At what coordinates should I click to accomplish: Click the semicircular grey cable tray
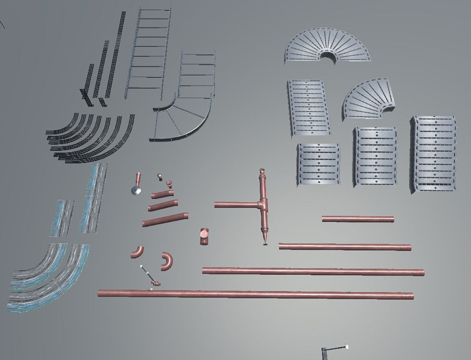tap(327, 45)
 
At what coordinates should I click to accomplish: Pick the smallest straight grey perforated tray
tap(318, 163)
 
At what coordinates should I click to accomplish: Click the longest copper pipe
tap(255, 294)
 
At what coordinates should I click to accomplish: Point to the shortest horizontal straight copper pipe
tap(358, 219)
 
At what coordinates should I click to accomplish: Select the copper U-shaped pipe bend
tap(167, 261)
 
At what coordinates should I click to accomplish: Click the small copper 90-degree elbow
tap(137, 252)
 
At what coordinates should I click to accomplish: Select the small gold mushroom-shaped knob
tap(160, 176)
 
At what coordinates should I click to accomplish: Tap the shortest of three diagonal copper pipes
tap(161, 194)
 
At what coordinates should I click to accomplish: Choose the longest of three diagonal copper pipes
tap(165, 219)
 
